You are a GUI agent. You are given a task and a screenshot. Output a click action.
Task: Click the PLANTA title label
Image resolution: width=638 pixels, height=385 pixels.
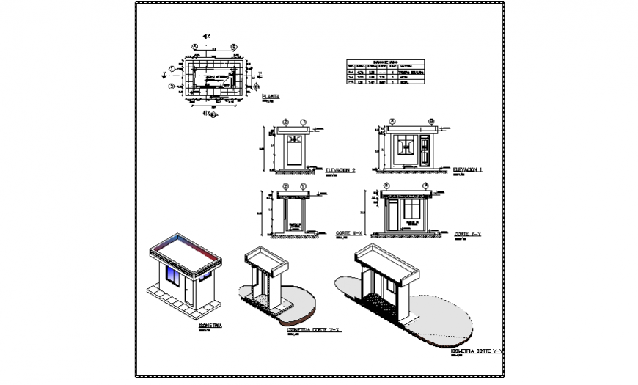[271, 96]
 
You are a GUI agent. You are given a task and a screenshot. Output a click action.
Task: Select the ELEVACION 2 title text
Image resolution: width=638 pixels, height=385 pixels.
[340, 170]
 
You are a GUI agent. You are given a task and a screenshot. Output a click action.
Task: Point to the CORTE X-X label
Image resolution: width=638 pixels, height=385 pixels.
[350, 233]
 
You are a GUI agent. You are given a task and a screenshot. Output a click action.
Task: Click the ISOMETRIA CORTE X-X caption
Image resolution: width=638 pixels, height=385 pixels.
[315, 331]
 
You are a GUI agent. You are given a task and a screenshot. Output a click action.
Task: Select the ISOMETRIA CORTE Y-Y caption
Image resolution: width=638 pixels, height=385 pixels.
[477, 352]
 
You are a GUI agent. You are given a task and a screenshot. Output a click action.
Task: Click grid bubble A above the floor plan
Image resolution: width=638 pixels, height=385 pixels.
[195, 46]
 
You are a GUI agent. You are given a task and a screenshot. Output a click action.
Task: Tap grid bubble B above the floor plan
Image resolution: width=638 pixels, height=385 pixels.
[233, 46]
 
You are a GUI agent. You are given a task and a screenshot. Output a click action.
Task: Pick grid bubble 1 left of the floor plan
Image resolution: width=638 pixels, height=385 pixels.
[171, 69]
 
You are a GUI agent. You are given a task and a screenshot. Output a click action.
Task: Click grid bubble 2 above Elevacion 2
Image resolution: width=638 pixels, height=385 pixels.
[285, 121]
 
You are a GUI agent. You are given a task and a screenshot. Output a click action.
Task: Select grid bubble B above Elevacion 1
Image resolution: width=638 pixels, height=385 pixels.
[430, 121]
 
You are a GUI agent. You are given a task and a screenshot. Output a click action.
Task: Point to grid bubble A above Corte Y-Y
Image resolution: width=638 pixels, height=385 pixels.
[425, 186]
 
